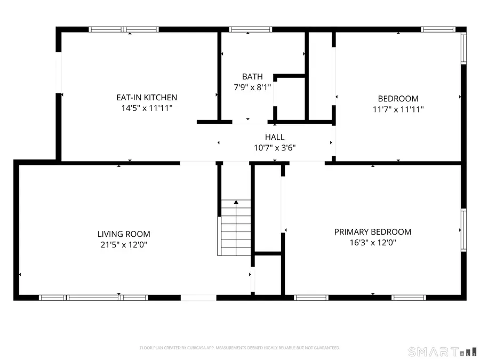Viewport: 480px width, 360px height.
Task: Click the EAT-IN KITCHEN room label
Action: (x=147, y=98)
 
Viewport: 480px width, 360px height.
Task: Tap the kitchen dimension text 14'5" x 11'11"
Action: (x=147, y=108)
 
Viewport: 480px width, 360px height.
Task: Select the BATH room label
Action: (x=252, y=77)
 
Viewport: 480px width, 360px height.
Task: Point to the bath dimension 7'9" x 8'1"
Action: (x=252, y=87)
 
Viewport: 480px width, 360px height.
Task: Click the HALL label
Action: (x=275, y=137)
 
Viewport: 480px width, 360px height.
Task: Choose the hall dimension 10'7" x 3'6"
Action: (x=275, y=148)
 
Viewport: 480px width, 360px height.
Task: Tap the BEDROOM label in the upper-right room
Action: (x=398, y=99)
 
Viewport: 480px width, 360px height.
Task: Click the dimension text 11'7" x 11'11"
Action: (x=398, y=109)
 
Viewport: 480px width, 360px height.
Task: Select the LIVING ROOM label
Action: (x=124, y=234)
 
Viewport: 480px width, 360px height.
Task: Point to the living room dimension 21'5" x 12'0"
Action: (x=124, y=245)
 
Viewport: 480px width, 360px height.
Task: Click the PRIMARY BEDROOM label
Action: (x=373, y=232)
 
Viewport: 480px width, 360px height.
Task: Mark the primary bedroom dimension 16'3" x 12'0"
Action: (x=373, y=243)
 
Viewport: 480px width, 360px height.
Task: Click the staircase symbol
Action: (x=235, y=228)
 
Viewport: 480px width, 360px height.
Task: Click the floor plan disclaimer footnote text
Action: (x=239, y=348)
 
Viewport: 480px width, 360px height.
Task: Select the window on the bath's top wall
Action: (x=250, y=29)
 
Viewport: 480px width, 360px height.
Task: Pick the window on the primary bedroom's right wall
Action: (x=463, y=230)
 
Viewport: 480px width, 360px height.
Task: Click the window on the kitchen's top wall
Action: (x=124, y=29)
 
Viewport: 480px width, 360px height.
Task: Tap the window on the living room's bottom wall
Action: (x=93, y=297)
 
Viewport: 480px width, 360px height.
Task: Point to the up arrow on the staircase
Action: (x=236, y=203)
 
